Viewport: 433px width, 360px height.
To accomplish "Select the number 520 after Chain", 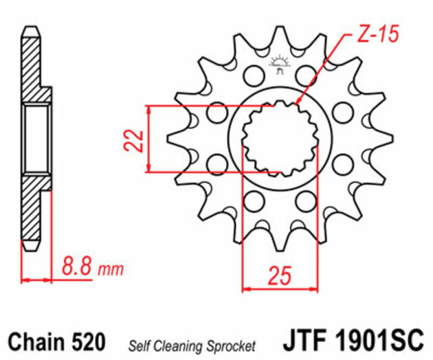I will (x=87, y=341).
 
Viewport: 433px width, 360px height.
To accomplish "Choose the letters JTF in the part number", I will (x=307, y=341).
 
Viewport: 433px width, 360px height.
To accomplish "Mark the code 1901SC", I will (x=380, y=341).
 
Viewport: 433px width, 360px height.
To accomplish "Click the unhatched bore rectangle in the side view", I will (x=36, y=138).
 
